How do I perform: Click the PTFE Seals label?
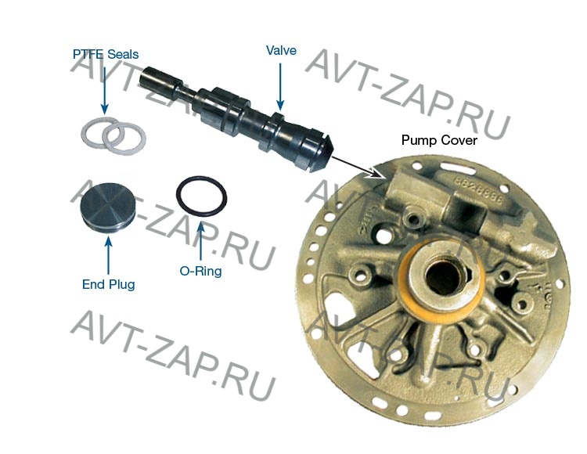[x=106, y=54]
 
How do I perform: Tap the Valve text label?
[x=281, y=51]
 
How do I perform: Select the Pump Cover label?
[x=439, y=140]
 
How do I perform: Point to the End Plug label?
[x=109, y=284]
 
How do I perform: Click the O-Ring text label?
[x=200, y=271]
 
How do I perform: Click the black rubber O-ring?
[x=201, y=196]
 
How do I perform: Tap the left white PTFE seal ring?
[x=100, y=133]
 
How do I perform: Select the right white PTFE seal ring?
[x=124, y=139]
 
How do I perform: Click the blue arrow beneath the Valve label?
[x=280, y=87]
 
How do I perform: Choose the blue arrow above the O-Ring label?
[x=201, y=240]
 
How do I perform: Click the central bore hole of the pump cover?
[x=444, y=277]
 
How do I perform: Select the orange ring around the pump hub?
[x=441, y=278]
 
